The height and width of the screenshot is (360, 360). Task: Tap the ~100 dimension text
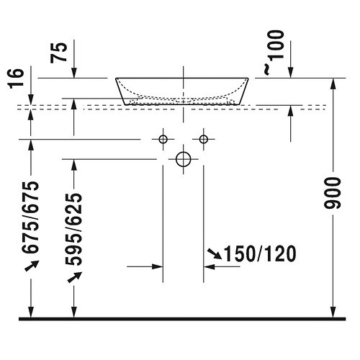point(271,52)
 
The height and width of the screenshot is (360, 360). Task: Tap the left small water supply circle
point(163,138)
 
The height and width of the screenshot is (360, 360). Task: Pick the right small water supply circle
point(204,138)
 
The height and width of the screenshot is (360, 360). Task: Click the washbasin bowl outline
point(184,90)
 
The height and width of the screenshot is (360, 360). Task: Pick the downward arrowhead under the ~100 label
point(290,71)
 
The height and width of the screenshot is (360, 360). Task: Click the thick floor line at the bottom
point(180,318)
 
